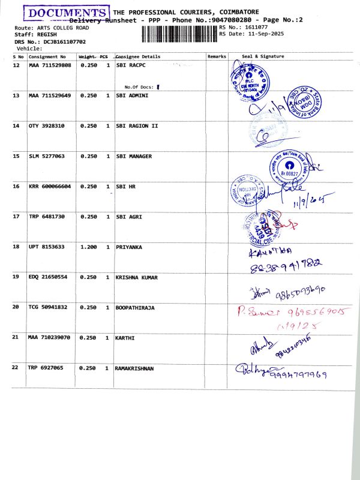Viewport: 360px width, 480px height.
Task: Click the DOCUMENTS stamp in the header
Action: pyautogui.click(x=66, y=13)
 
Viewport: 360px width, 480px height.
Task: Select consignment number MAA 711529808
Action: pyautogui.click(x=50, y=65)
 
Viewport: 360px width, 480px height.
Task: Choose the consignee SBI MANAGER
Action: pyautogui.click(x=133, y=156)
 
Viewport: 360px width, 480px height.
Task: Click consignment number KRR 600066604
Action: pyautogui.click(x=50, y=187)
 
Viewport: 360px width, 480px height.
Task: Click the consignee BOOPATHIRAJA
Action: pyautogui.click(x=135, y=307)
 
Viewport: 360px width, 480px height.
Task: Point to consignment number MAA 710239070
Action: pyautogui.click(x=50, y=337)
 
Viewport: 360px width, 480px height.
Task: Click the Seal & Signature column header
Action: pyautogui.click(x=263, y=56)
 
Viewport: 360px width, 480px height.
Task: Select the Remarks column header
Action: pyautogui.click(x=217, y=56)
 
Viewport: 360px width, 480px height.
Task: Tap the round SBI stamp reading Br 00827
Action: pyautogui.click(x=290, y=169)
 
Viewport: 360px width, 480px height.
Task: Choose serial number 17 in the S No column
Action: pyautogui.click(x=17, y=217)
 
